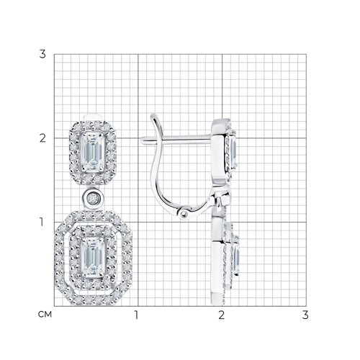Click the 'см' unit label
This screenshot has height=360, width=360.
pos(45,314)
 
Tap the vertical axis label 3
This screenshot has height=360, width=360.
pos(42,54)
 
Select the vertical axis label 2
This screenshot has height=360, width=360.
pos(42,138)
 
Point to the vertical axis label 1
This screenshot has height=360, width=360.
pos(42,222)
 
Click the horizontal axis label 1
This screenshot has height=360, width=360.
pos(137,315)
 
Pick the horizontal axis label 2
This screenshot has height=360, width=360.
pos(221,315)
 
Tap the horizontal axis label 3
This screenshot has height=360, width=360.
pos(305,315)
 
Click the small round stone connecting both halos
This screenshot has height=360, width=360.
pos(93,198)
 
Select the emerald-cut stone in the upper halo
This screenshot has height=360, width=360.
pos(93,152)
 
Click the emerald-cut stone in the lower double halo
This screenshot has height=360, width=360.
pos(93,257)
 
